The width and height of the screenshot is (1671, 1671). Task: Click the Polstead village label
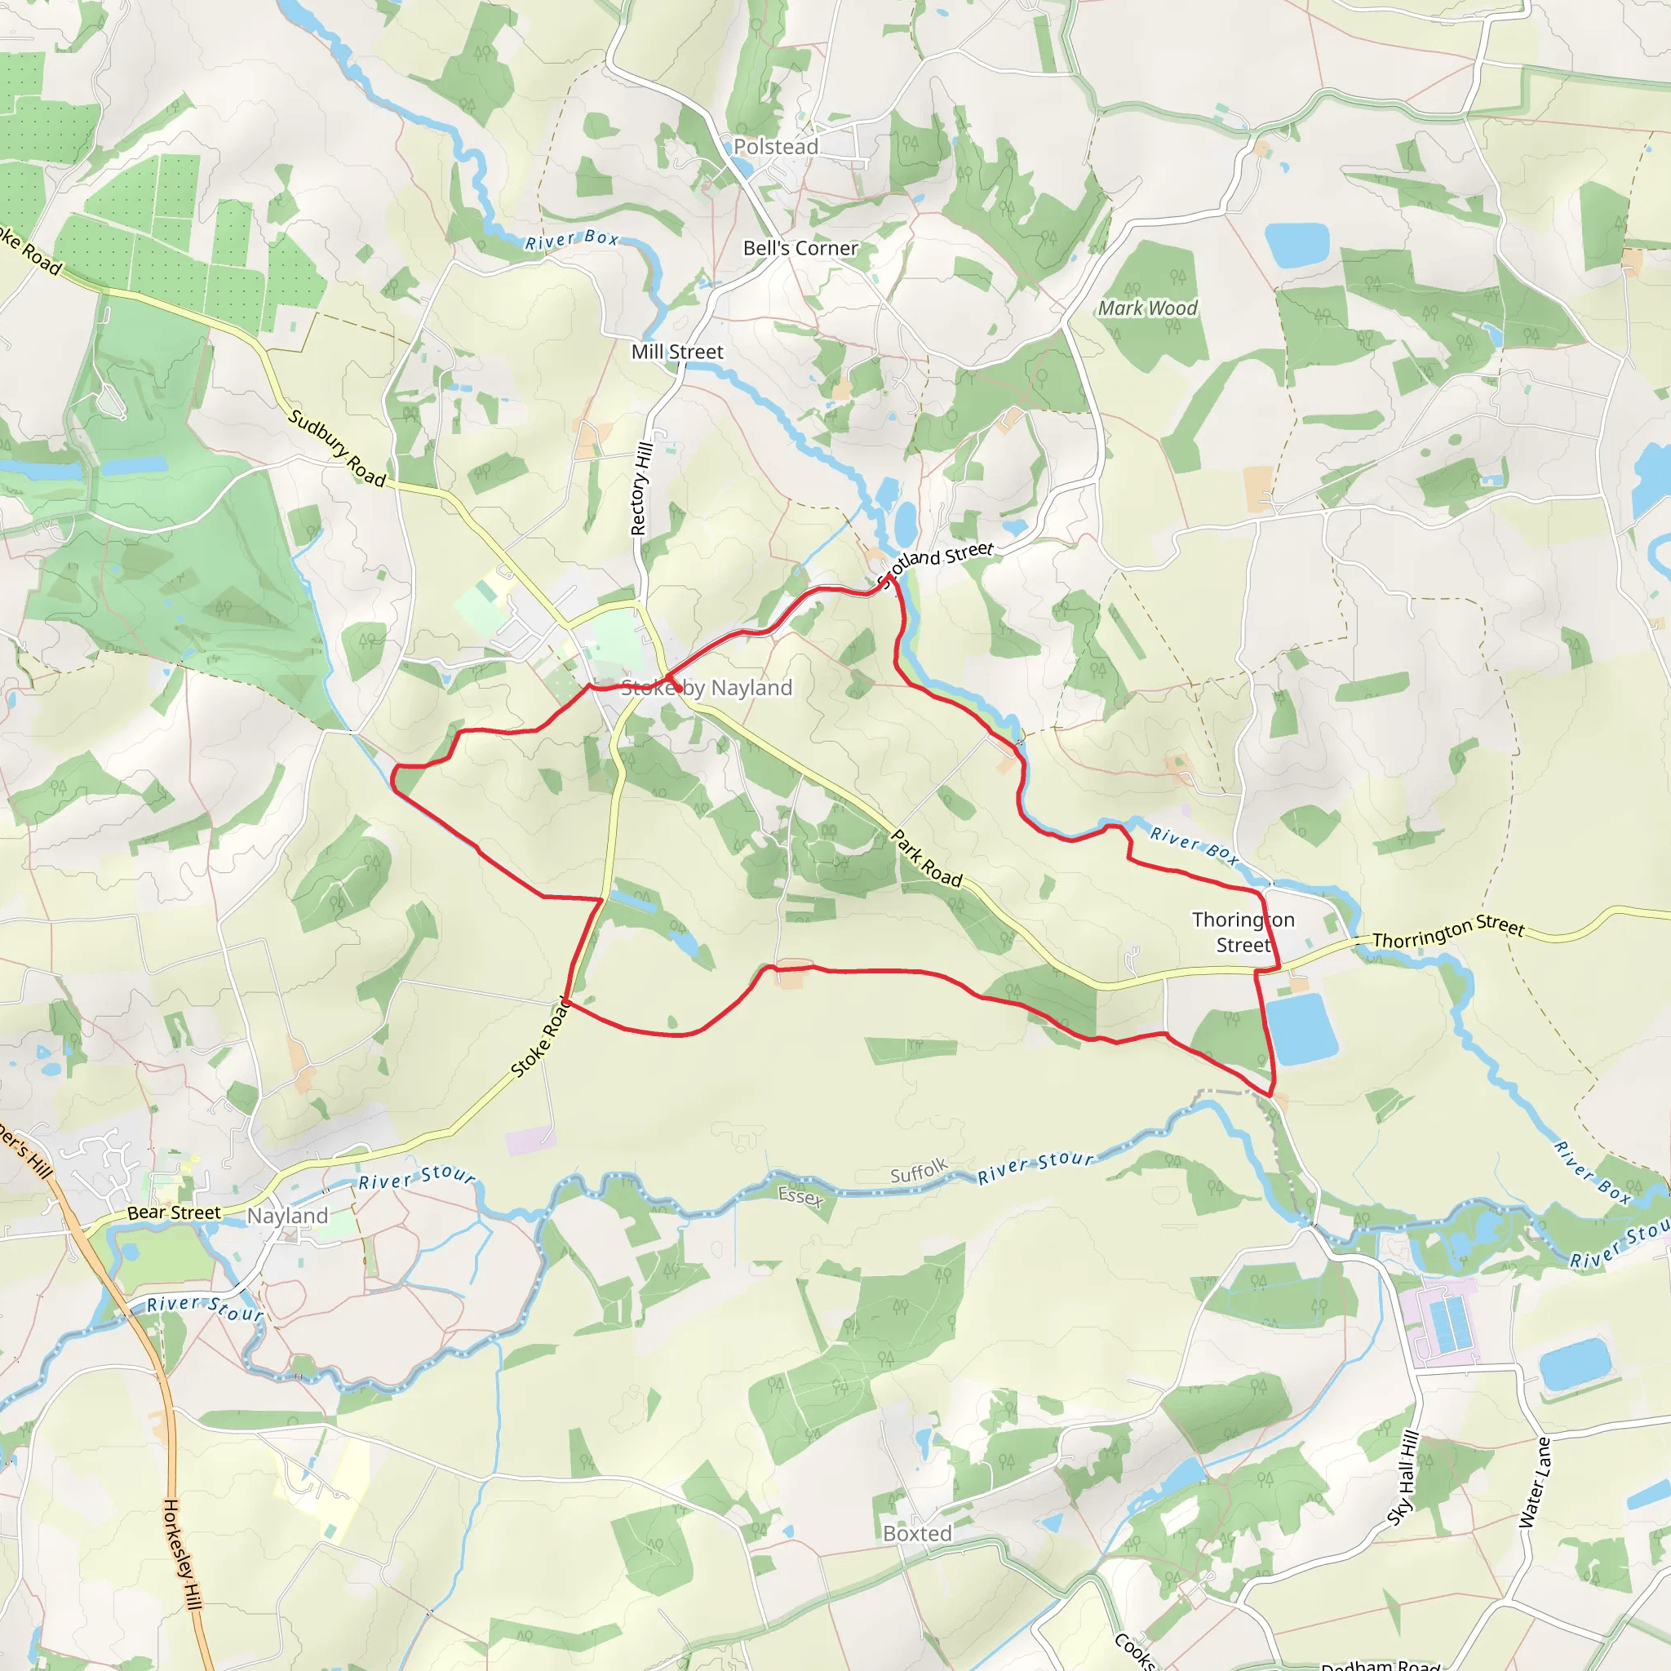pyautogui.click(x=776, y=147)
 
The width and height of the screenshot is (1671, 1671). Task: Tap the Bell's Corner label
pyautogui.click(x=800, y=248)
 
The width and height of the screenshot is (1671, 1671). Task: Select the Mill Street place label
pyautogui.click(x=677, y=352)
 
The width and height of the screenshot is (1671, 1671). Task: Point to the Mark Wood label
pyautogui.click(x=1148, y=308)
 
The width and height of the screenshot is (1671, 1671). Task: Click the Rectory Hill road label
pyautogui.click(x=640, y=489)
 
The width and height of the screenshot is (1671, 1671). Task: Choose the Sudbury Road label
pyautogui.click(x=336, y=447)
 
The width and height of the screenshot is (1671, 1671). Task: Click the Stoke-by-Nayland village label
pyautogui.click(x=707, y=688)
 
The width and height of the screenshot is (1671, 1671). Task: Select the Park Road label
pyautogui.click(x=926, y=858)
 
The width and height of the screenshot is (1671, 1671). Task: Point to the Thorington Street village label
pyautogui.click(x=1243, y=932)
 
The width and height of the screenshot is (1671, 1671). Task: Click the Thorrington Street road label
pyautogui.click(x=1448, y=932)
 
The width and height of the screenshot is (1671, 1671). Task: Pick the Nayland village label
pyautogui.click(x=288, y=1216)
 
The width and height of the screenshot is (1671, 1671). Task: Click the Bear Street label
pyautogui.click(x=174, y=1213)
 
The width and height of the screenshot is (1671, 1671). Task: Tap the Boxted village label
pyautogui.click(x=917, y=1533)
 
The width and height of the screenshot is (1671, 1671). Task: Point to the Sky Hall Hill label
pyautogui.click(x=1403, y=1479)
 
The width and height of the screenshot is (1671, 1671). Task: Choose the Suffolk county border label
pyautogui.click(x=919, y=1172)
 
